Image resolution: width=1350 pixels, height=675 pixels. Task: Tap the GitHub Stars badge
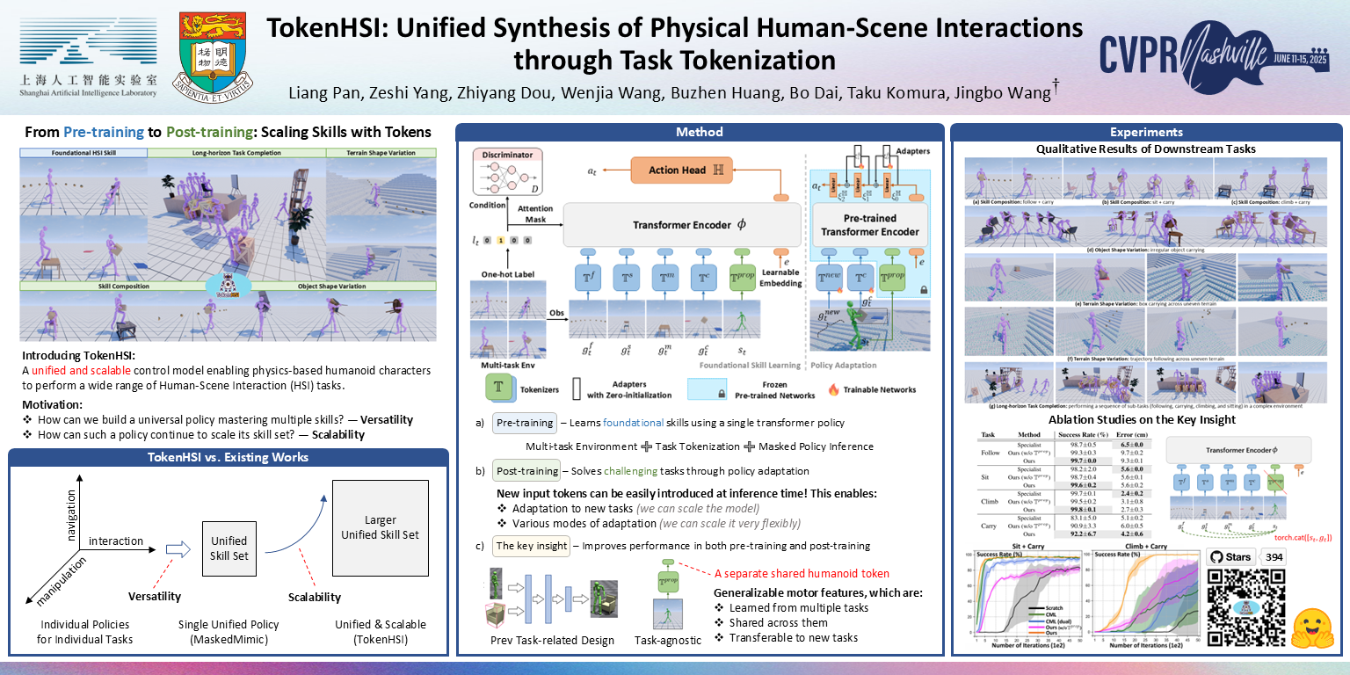click(1230, 556)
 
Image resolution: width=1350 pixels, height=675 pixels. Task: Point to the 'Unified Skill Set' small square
click(229, 548)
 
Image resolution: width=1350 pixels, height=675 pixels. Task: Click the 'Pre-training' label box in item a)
click(524, 422)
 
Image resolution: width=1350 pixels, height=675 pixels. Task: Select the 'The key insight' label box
click(531, 546)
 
